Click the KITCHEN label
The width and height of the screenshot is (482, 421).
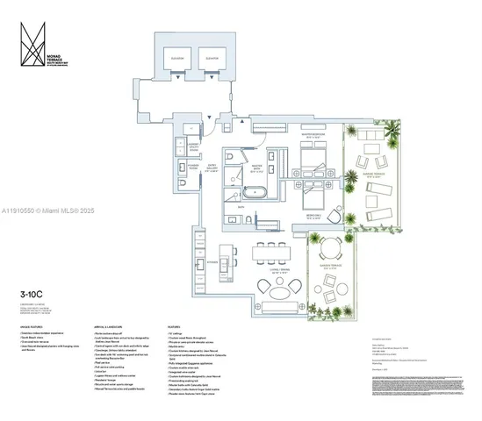coord(212,260)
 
